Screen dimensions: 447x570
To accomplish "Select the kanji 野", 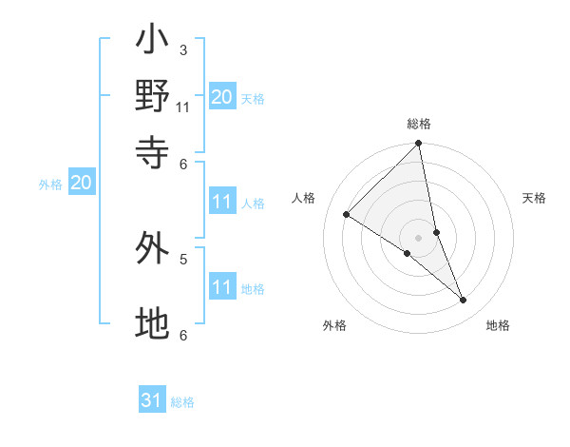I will (153, 95).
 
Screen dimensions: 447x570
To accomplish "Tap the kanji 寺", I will (153, 150).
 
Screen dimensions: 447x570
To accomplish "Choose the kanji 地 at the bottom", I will (153, 323).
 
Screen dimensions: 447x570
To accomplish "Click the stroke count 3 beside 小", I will (183, 49).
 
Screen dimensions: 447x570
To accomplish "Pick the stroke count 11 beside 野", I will (183, 107).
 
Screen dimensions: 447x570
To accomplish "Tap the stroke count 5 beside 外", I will (183, 258).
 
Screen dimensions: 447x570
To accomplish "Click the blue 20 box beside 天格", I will (222, 96).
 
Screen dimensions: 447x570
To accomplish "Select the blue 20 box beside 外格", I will (81, 184).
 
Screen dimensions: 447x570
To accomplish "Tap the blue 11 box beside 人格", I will (222, 202).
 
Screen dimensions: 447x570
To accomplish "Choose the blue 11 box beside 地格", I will (222, 287).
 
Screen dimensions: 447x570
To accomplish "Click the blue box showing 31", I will (152, 400).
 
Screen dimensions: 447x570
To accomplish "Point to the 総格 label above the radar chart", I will (419, 124).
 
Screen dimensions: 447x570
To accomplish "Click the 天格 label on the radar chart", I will (534, 198).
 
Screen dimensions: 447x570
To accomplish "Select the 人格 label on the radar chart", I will (304, 198).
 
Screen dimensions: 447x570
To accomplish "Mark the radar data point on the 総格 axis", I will (419, 145).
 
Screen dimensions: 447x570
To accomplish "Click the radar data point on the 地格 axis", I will (464, 300).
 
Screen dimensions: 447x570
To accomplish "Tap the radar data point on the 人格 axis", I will (347, 215).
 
